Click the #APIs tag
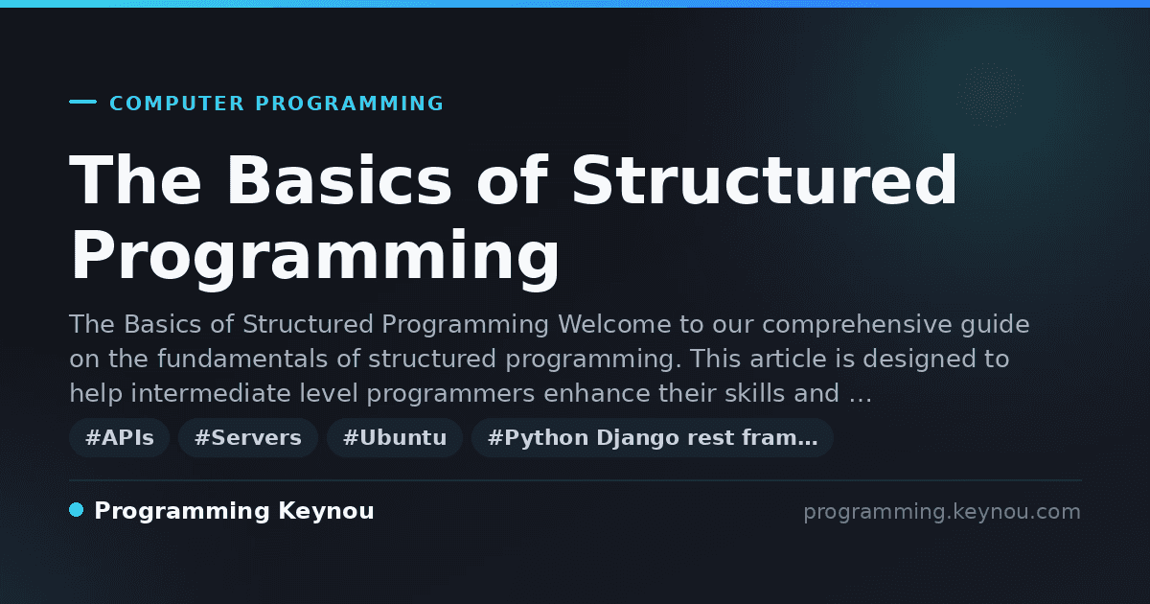(x=119, y=437)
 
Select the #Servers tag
(x=248, y=437)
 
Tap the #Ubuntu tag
(x=395, y=437)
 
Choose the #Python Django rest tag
(x=652, y=437)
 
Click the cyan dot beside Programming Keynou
(x=76, y=510)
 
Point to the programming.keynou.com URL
(x=942, y=512)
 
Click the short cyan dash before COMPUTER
(x=82, y=102)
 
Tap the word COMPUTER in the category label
(x=176, y=104)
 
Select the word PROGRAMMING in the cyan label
(x=349, y=104)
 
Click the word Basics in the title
(x=339, y=180)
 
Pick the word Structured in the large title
(x=765, y=180)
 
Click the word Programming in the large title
(x=314, y=256)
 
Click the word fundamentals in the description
(x=242, y=359)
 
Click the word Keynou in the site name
(x=326, y=511)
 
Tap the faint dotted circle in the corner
(x=990, y=96)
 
